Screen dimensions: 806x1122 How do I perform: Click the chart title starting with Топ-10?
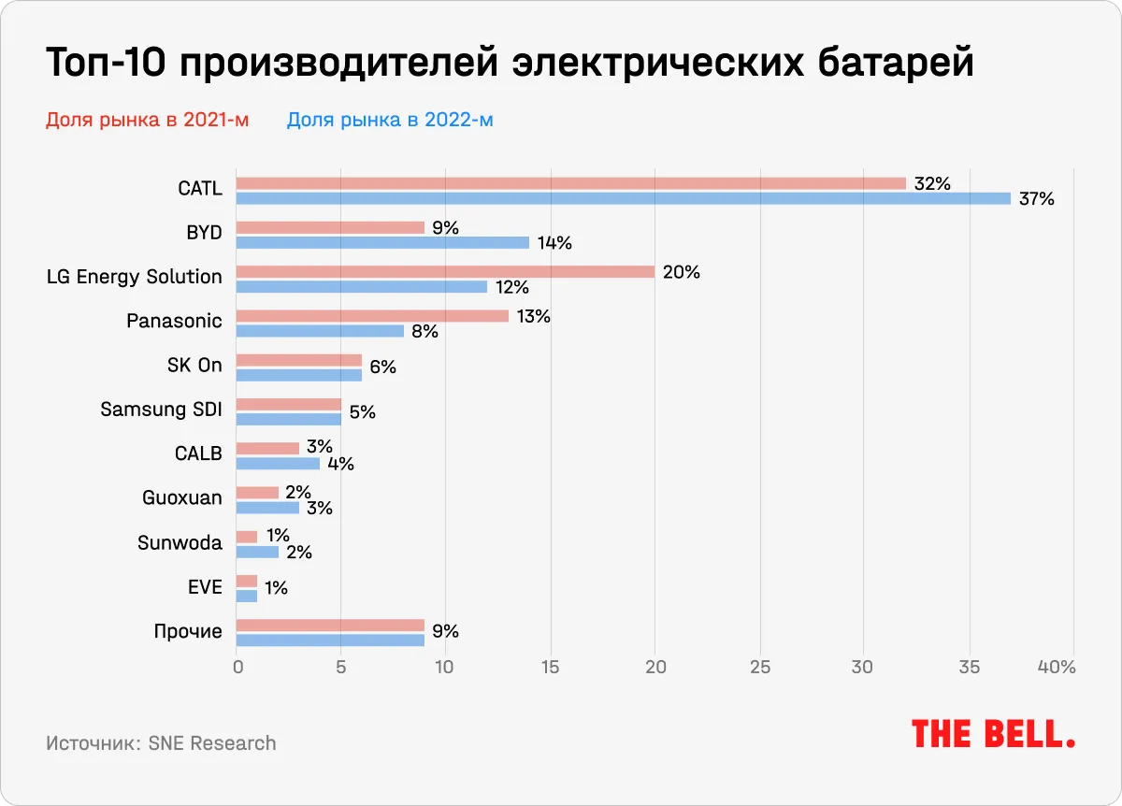tap(510, 64)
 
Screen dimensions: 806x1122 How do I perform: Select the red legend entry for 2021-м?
tap(147, 120)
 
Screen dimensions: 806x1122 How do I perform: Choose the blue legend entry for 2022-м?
tap(390, 120)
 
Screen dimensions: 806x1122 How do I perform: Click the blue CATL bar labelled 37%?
tap(623, 198)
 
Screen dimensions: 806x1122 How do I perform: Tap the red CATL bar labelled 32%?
tap(570, 183)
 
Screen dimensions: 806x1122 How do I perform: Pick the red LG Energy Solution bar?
tap(445, 272)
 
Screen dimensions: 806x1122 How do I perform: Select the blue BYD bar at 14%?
tap(382, 243)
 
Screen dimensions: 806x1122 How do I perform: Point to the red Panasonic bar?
tap(372, 316)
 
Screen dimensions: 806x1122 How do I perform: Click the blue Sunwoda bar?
tap(257, 552)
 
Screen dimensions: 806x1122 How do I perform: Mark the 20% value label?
tap(681, 272)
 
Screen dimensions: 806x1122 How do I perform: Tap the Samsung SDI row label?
tap(161, 409)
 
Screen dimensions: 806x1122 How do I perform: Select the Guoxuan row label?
tap(182, 497)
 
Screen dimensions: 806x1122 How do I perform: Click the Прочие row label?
tap(188, 631)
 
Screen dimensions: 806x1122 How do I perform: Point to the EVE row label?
tap(205, 587)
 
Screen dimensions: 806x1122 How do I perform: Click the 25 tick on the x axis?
tap(759, 668)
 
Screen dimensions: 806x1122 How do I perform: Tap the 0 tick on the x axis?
tap(237, 668)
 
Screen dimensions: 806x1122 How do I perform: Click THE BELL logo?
tap(993, 734)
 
